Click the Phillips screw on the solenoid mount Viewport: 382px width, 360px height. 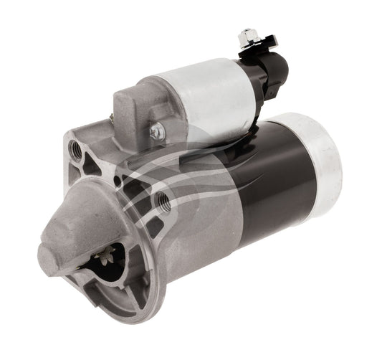(157, 131)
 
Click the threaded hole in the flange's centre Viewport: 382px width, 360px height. (164, 194)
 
